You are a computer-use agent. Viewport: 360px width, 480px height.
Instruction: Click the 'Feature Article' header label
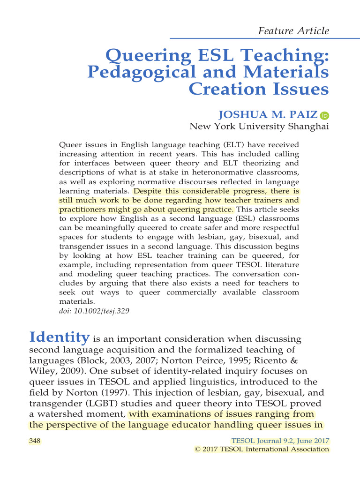point(294,31)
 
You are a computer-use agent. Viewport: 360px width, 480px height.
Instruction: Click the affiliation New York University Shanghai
point(259,127)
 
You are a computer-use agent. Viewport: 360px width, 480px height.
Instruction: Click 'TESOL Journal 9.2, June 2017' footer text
point(281,441)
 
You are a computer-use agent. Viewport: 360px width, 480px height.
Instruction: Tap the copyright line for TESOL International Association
point(262,449)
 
